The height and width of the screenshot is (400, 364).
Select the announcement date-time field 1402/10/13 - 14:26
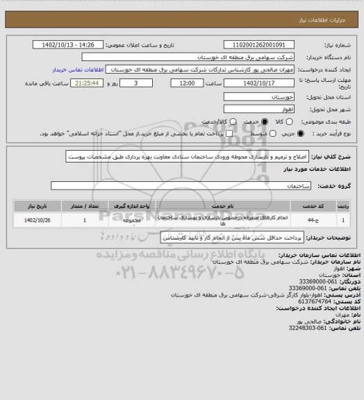click(72, 44)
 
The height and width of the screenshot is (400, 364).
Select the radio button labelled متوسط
click(240, 133)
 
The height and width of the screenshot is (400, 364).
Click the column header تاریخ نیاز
click(37, 206)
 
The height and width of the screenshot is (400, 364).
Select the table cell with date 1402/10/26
click(37, 221)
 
